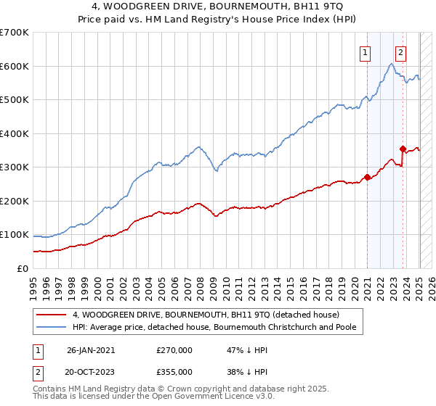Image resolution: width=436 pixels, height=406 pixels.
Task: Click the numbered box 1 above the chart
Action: click(x=364, y=51)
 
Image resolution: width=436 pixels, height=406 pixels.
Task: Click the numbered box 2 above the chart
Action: click(x=400, y=51)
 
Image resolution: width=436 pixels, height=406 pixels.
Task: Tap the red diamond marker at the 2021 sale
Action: click(x=368, y=176)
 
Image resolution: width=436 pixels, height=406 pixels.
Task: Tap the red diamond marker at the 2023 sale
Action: click(x=403, y=149)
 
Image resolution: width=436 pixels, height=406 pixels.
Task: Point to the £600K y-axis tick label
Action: click(x=15, y=67)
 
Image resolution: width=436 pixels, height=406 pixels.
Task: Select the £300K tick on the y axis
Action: click(x=15, y=167)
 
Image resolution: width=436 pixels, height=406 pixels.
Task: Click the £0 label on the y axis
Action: click(x=21, y=268)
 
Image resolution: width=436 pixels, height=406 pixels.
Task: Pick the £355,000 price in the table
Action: click(x=174, y=371)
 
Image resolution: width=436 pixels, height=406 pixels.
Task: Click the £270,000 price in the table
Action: click(x=174, y=349)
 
